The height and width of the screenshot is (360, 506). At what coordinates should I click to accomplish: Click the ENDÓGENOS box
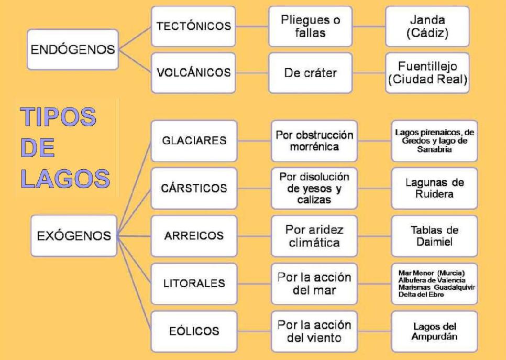73,49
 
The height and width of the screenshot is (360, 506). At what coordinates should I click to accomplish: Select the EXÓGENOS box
74,236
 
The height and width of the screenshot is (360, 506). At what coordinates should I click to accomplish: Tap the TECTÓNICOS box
194,26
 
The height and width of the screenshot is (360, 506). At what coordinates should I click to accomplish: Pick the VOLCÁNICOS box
194,73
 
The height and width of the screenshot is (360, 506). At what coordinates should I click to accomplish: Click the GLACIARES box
194,140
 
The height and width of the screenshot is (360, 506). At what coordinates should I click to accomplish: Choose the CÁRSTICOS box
194,188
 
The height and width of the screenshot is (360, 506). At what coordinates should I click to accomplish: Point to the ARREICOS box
194,236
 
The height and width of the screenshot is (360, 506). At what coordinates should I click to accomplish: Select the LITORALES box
194,283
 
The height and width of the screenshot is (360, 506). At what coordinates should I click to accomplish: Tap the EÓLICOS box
194,331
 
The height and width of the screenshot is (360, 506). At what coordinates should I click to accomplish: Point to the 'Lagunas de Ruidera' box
434,188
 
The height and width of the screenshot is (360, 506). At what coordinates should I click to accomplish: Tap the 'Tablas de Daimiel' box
434,236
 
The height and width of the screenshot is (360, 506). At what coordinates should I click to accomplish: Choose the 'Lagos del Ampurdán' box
434,331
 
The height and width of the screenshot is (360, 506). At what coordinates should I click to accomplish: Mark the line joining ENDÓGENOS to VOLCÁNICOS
135,62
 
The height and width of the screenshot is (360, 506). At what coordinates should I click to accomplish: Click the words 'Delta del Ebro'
421,295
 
